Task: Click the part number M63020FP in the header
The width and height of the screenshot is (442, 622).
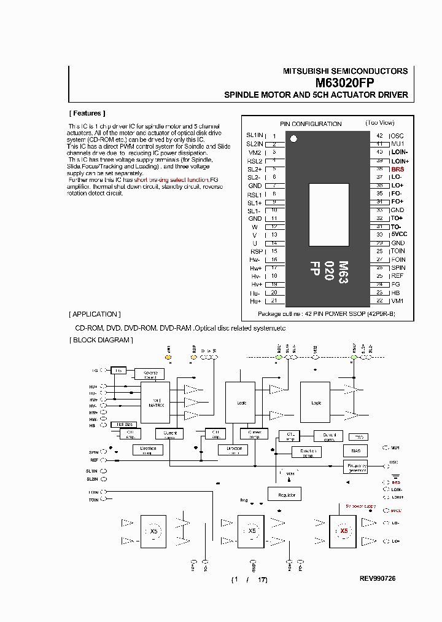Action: coord(345,82)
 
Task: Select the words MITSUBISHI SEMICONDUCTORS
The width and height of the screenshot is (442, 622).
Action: coord(345,71)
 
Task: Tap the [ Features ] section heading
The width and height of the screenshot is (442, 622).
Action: coord(87,113)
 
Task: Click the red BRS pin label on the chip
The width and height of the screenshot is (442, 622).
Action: coord(397,168)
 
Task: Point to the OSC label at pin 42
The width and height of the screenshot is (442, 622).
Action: coord(397,135)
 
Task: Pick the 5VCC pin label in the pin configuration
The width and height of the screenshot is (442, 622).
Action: coord(399,234)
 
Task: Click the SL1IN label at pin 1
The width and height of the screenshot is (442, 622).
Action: coord(254,135)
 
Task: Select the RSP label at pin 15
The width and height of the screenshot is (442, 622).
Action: coord(256,251)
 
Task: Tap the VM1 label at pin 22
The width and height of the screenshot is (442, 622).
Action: coord(397,301)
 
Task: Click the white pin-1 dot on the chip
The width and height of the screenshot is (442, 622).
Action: coord(293,139)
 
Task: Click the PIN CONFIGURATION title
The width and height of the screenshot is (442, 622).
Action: coord(311,124)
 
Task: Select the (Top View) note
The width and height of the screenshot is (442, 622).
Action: coord(379,123)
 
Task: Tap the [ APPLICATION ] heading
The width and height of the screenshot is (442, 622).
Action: coord(95,314)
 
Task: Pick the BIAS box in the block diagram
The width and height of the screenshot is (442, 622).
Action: coord(355,451)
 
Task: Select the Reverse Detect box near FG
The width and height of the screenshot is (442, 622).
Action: coord(150,374)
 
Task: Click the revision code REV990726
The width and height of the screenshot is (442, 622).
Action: coord(378,579)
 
